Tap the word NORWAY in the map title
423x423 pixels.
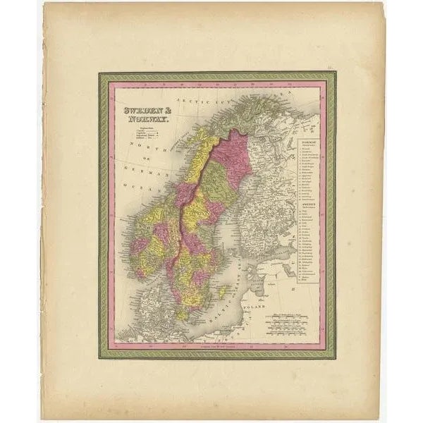coord(140,120)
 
